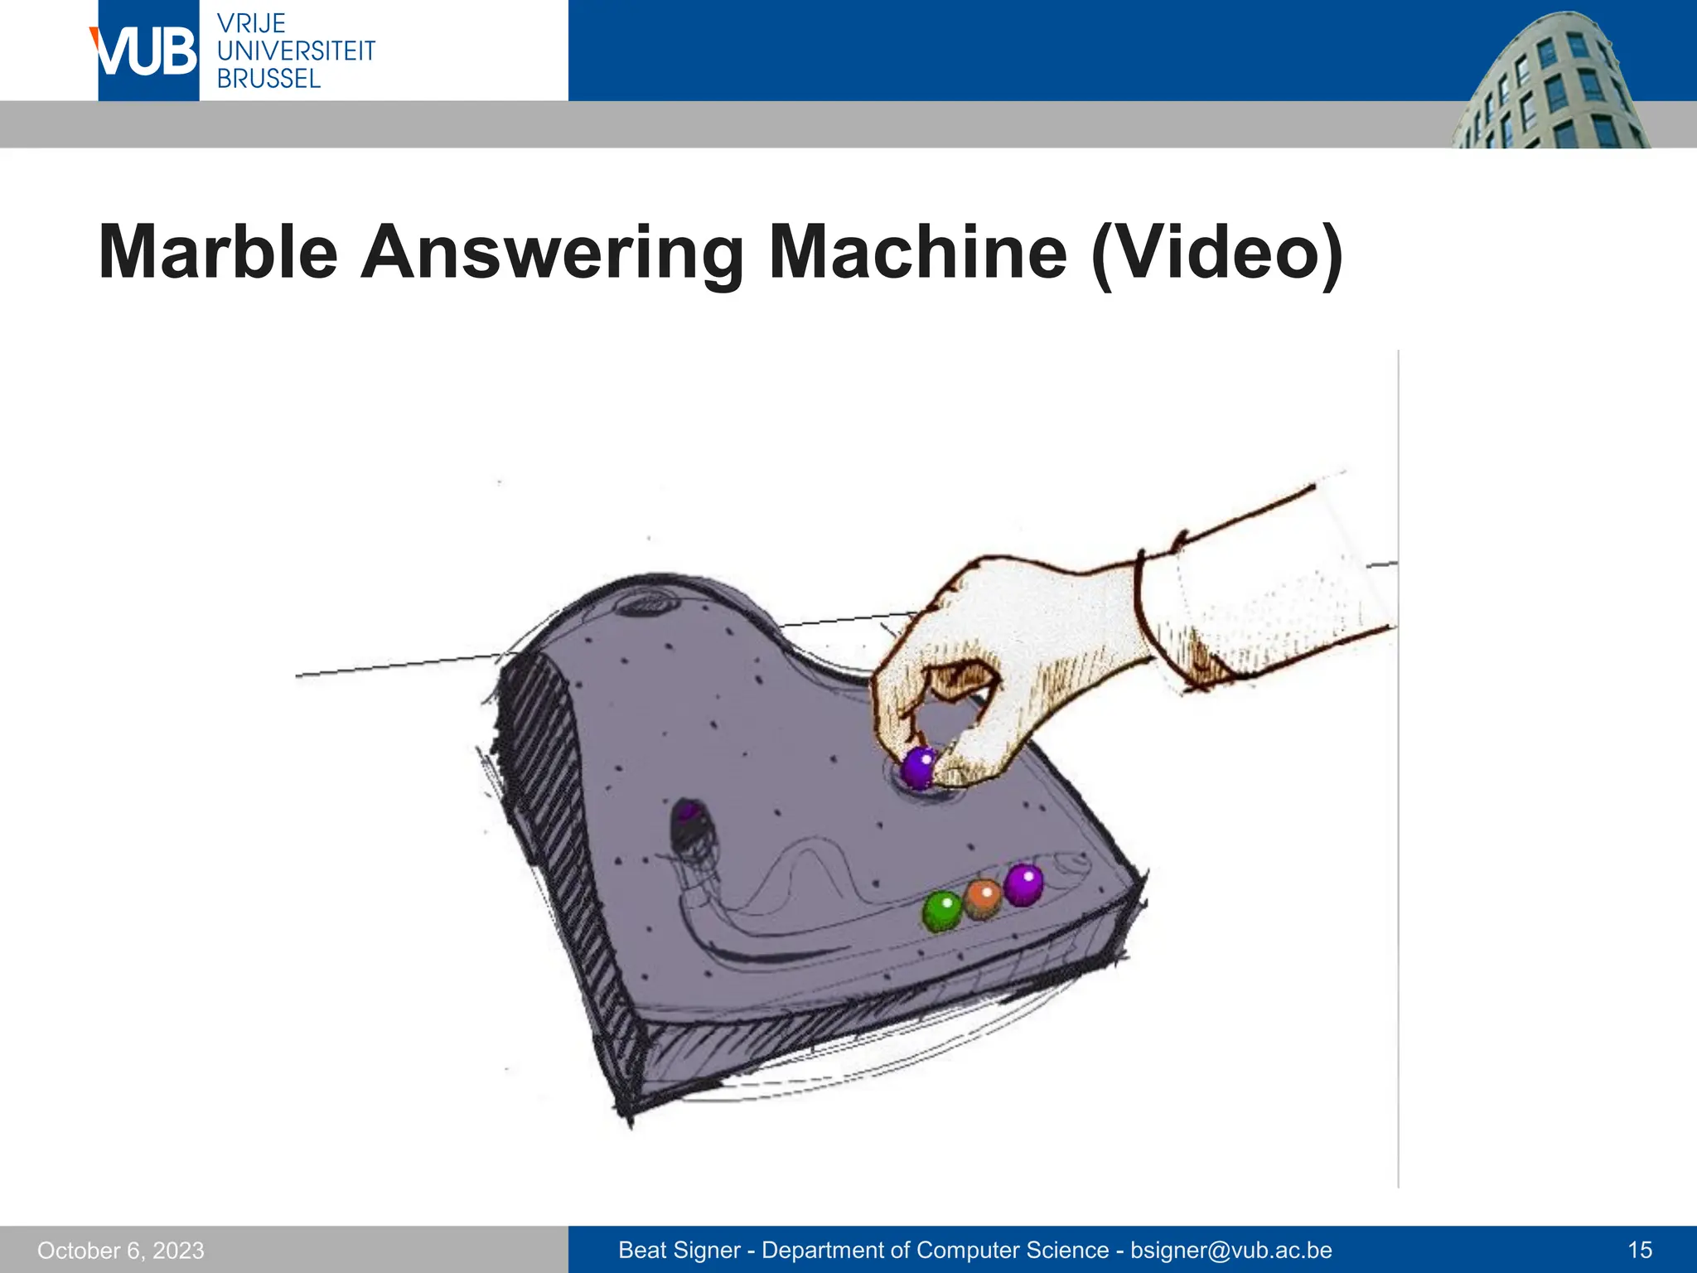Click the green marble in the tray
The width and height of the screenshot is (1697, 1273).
click(x=942, y=911)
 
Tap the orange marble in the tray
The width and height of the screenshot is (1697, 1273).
click(x=984, y=898)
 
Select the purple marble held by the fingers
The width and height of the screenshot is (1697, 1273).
click(x=919, y=767)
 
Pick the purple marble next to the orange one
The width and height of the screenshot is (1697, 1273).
click(x=1024, y=885)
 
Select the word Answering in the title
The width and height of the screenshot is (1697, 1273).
click(x=552, y=254)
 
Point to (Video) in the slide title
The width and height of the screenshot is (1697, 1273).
click(x=1216, y=254)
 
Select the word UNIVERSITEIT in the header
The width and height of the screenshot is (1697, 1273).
click(x=296, y=51)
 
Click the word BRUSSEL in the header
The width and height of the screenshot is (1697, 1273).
click(x=268, y=79)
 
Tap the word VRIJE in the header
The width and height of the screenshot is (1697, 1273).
click(x=251, y=23)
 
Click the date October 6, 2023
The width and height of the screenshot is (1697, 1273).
click(x=121, y=1251)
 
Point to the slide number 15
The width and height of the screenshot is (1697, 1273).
click(x=1640, y=1251)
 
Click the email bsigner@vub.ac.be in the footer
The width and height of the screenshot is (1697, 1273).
click(x=1231, y=1251)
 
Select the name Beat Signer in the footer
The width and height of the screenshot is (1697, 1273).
click(x=679, y=1251)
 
